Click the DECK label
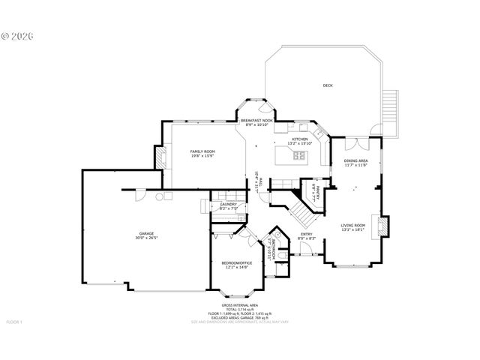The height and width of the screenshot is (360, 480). point(327,85)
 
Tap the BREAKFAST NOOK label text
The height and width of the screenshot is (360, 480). point(256,121)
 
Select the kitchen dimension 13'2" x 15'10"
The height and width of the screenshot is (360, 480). point(300,144)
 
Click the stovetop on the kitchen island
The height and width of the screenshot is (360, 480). point(299,156)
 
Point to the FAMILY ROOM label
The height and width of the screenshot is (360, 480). point(202,151)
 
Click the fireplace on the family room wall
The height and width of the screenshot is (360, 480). point(159,156)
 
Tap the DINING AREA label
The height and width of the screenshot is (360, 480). point(355,160)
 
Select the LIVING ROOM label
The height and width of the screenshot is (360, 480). point(352,225)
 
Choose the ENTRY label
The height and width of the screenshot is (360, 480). point(306,234)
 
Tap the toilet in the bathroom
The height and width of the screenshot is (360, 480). point(282,255)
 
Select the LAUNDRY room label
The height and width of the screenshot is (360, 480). point(229,204)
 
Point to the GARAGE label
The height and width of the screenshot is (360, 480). point(145,233)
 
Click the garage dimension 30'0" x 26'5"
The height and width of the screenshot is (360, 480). point(145,238)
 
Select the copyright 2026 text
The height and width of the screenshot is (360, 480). point(19,35)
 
